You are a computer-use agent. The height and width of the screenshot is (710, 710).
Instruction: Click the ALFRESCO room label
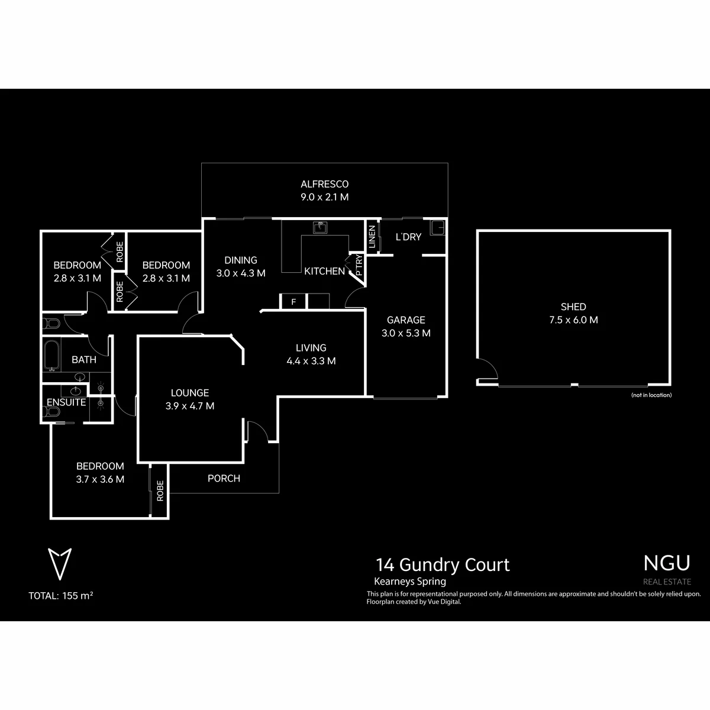(324, 184)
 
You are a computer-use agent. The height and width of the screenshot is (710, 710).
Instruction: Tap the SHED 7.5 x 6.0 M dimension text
(573, 320)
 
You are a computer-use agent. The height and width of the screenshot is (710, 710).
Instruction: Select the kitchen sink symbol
(320, 227)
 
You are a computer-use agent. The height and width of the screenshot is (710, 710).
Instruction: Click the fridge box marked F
(293, 302)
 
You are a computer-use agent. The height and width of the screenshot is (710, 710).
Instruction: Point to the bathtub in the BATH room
(51, 355)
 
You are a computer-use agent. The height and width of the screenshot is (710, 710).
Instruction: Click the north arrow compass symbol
(60, 564)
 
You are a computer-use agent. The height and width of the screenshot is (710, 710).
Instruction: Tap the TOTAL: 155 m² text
(61, 596)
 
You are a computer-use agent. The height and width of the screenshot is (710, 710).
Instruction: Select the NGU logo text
(667, 563)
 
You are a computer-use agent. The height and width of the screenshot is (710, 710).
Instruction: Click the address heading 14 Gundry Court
(443, 565)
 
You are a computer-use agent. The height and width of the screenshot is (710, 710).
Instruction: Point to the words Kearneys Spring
(409, 582)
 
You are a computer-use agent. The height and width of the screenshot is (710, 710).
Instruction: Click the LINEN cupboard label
(372, 237)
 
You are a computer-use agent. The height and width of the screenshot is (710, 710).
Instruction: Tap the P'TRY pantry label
(359, 265)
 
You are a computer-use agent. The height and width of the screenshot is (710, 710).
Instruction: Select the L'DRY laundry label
(408, 237)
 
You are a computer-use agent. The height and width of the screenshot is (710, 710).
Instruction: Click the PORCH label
(224, 478)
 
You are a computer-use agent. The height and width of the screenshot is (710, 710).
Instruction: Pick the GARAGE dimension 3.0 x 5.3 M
(406, 333)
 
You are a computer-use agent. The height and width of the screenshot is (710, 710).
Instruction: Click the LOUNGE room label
(190, 393)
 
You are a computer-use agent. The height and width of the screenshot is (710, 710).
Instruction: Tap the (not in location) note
(651, 395)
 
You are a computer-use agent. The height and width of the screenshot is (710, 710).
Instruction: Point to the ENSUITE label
(66, 402)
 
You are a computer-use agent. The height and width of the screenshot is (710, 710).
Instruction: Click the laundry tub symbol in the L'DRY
(438, 228)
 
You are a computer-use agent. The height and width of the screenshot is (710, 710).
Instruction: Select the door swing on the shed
(489, 366)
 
